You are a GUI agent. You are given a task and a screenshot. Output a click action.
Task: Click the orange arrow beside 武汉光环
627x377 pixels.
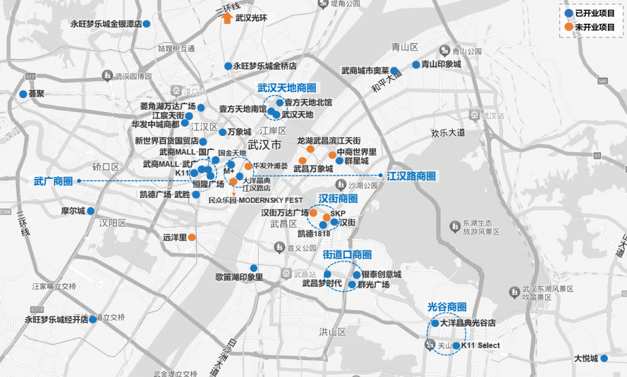[227, 18]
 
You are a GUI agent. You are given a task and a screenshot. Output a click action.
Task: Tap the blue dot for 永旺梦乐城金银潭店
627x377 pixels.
[147, 24]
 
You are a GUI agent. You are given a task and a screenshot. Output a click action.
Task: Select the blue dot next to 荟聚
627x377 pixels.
[23, 94]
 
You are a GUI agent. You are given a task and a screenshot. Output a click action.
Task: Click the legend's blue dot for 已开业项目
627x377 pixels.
[570, 12]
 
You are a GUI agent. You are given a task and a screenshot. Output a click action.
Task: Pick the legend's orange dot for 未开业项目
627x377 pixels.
[570, 27]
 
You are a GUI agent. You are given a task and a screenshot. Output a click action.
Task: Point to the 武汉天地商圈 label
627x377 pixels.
[287, 88]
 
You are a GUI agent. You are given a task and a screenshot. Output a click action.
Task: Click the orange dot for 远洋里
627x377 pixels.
[191, 237]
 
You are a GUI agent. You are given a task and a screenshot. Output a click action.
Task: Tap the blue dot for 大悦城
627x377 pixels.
[604, 358]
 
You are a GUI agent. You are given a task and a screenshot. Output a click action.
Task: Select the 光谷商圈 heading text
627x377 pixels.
[446, 307]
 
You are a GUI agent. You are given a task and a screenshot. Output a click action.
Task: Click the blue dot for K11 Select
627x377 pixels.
[456, 346]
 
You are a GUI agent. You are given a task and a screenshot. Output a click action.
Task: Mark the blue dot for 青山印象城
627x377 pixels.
[416, 65]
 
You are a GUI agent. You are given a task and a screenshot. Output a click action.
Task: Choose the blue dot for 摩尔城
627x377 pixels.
[91, 210]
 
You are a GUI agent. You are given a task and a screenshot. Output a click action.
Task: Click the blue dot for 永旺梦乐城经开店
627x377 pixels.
[93, 319]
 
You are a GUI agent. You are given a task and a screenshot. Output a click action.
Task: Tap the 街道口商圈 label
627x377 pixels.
[347, 254]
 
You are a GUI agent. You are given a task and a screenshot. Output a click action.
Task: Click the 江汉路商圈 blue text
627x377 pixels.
[411, 175]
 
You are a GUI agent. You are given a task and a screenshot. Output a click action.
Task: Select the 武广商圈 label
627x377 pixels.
[53, 181]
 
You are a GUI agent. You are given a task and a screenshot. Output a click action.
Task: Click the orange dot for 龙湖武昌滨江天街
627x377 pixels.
[311, 149]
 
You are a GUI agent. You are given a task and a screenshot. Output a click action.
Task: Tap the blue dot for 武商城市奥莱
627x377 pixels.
[394, 71]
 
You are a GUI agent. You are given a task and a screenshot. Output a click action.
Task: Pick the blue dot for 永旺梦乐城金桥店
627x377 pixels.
[228, 66]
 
